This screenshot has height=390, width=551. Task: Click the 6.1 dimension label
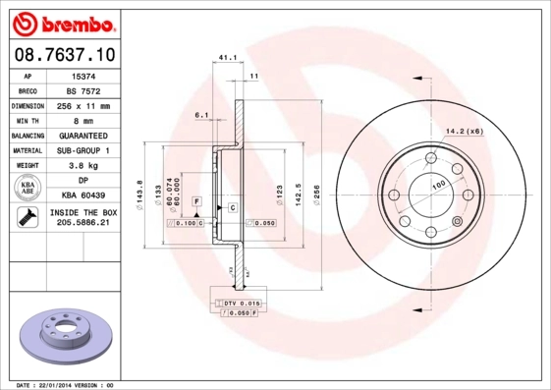pos(202,115)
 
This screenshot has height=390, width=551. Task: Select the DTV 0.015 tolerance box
pos(240,302)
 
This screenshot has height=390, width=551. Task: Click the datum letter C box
pos(233,208)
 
